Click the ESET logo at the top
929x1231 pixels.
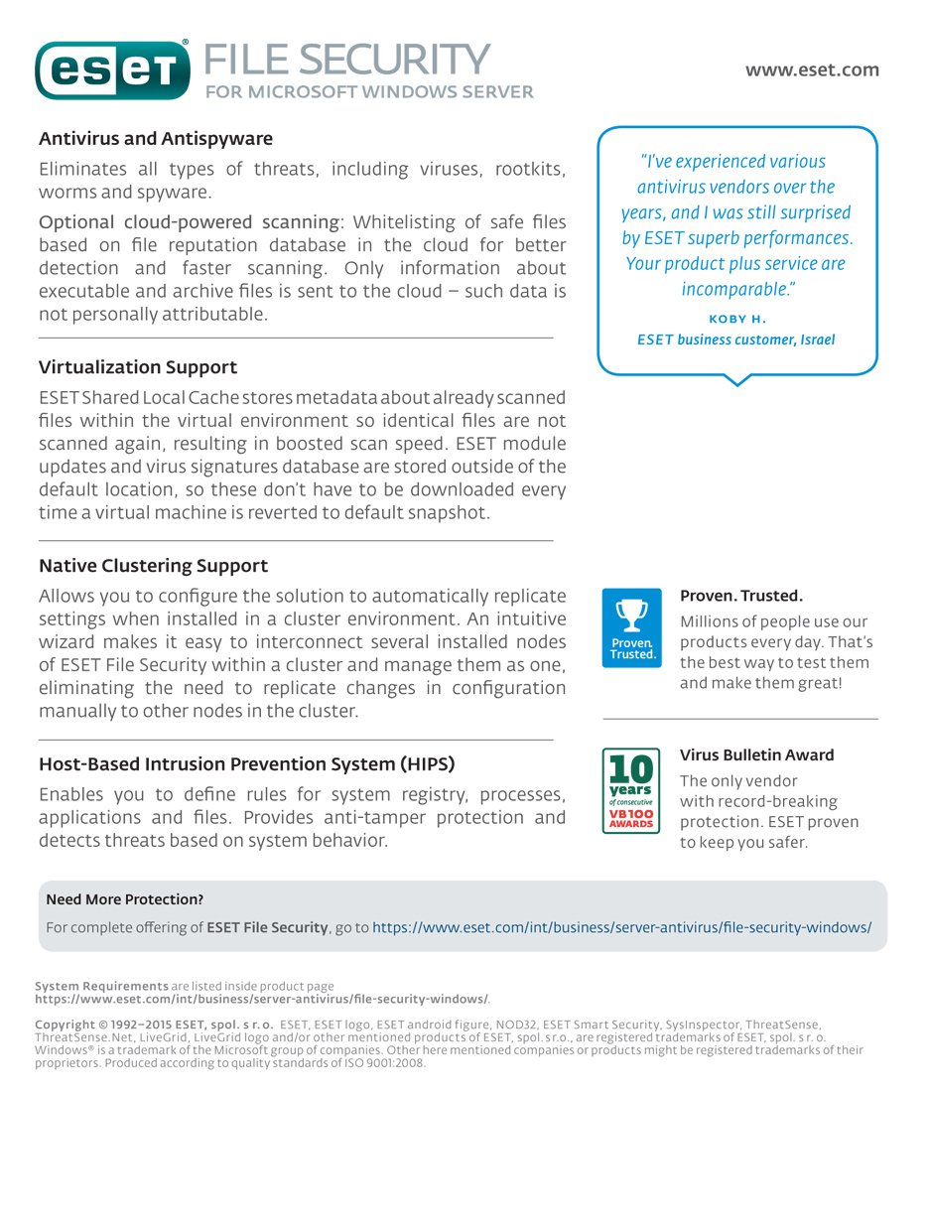pyautogui.click(x=112, y=69)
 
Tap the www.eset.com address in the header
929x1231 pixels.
pyautogui.click(x=812, y=69)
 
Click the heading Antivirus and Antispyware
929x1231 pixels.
pyautogui.click(x=156, y=139)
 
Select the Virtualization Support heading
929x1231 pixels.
pyautogui.click(x=138, y=367)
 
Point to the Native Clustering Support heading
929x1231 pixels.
pyautogui.click(x=153, y=566)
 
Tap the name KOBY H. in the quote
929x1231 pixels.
pyautogui.click(x=736, y=319)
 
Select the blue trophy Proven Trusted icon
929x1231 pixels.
pyautogui.click(x=631, y=627)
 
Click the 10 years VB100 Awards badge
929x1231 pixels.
pyautogui.click(x=631, y=791)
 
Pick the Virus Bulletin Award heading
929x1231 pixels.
pyautogui.click(x=756, y=755)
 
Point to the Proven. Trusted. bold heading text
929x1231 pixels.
pyautogui.click(x=740, y=597)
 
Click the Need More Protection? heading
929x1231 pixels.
pyautogui.click(x=125, y=899)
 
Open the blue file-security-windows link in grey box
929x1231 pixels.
pyautogui.click(x=621, y=927)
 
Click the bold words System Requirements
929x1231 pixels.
pyautogui.click(x=101, y=986)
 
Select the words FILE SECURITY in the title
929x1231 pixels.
pyautogui.click(x=346, y=60)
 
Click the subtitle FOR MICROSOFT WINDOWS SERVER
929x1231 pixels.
pyautogui.click(x=369, y=92)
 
